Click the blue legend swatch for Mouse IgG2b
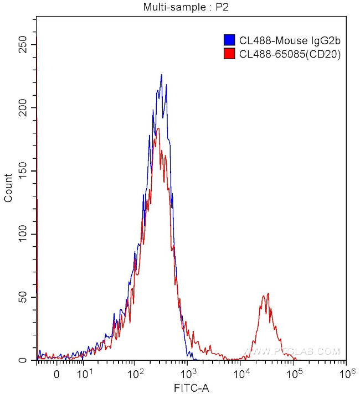[x=229, y=40]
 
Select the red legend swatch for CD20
[x=229, y=54]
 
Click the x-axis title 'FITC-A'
[x=192, y=387]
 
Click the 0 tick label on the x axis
[x=56, y=375]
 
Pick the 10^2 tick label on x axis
[x=136, y=374]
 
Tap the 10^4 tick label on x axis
[x=241, y=374]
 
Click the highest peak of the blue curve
[x=161, y=75]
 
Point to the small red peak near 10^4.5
[x=268, y=294]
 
